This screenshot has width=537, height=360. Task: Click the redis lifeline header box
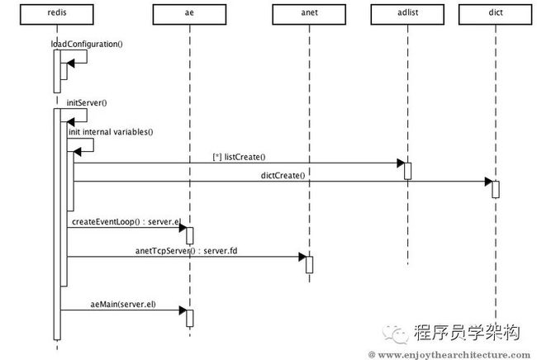coord(57,14)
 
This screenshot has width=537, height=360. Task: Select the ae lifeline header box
coord(189,14)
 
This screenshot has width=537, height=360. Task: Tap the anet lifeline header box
coord(309,14)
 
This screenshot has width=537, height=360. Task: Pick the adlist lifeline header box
coord(407,14)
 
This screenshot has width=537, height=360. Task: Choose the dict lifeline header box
coord(496,14)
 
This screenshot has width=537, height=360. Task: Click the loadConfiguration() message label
coord(87,44)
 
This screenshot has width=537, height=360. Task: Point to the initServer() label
coord(87,102)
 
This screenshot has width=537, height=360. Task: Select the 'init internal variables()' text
coord(111,132)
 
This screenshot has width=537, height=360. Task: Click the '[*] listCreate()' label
coord(239,157)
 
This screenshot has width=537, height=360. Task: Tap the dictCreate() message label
coord(283,176)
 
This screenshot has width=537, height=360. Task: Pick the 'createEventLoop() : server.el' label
coord(126,222)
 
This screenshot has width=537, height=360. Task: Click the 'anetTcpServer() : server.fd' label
coord(187,251)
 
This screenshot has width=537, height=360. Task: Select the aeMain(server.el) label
coord(123,304)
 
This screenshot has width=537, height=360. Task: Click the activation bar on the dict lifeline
coord(496,189)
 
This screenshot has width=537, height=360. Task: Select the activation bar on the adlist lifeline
coord(407,171)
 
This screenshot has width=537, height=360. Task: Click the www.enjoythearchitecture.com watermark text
coord(449,355)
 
